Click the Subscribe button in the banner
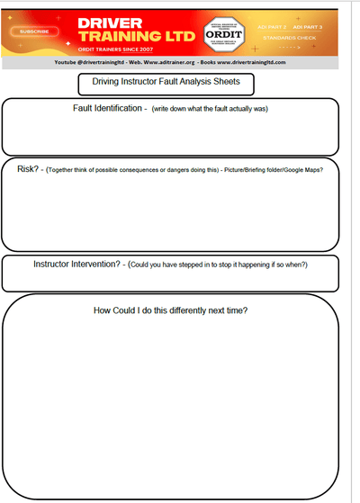pyautogui.click(x=31, y=31)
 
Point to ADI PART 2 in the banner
pyautogui.click(x=274, y=26)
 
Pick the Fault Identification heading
pyautogui.click(x=107, y=109)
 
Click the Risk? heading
pyautogui.click(x=30, y=168)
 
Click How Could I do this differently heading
pyautogui.click(x=171, y=311)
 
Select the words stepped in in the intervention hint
pyautogui.click(x=202, y=265)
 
